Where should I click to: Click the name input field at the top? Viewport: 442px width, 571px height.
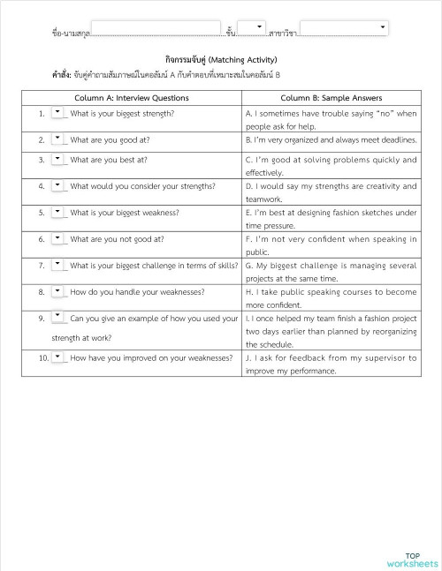click(156, 30)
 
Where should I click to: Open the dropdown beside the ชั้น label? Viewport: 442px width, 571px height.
click(252, 30)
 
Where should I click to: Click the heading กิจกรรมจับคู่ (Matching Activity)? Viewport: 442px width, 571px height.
click(221, 59)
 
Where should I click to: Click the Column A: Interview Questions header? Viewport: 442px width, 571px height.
click(131, 98)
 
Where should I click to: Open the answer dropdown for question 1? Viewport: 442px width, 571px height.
click(58, 113)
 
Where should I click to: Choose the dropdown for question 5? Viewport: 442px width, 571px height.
click(58, 212)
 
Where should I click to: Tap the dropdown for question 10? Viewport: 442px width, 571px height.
click(58, 357)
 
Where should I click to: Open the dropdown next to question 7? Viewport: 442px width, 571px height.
click(58, 264)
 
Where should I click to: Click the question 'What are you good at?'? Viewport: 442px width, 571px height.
click(109, 139)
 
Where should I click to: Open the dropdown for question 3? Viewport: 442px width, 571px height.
click(58, 160)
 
